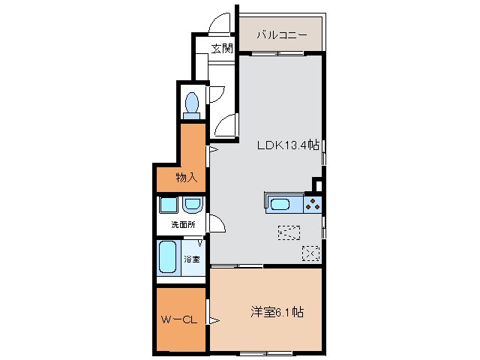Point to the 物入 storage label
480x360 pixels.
[x=187, y=178]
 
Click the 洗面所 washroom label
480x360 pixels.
[x=182, y=224]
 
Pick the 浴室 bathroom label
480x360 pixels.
[x=192, y=259]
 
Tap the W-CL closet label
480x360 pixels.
[x=178, y=320]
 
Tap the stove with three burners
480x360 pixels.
[x=313, y=202]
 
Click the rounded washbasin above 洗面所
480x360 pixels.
[x=192, y=204]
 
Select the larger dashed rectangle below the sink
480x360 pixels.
[x=288, y=232]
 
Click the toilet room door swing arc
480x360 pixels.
[x=216, y=94]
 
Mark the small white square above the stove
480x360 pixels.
[x=318, y=185]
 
